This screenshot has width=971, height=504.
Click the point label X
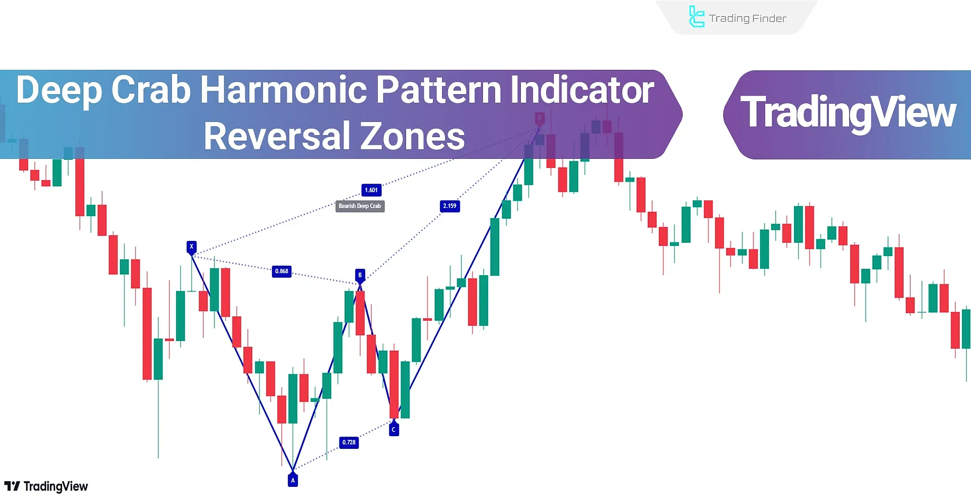(x=191, y=246)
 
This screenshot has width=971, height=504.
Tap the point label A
(x=293, y=480)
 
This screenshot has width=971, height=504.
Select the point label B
(x=360, y=275)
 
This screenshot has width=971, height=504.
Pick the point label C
(x=394, y=429)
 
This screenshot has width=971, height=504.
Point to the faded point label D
(x=540, y=118)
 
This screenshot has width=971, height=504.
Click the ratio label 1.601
(x=371, y=190)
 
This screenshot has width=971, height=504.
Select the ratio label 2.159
(x=450, y=206)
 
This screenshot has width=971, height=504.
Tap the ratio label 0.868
(x=282, y=271)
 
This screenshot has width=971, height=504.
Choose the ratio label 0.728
(x=349, y=442)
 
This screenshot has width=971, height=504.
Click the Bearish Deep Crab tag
(x=360, y=206)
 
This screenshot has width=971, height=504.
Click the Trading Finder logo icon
(x=696, y=17)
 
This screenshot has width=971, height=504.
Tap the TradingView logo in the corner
(x=46, y=486)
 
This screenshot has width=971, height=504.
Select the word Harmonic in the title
(x=283, y=90)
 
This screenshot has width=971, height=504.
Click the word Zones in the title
(x=412, y=136)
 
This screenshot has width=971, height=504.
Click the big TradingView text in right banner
(x=848, y=112)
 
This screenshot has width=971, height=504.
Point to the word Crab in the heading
(x=151, y=90)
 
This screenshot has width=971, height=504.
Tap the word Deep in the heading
(x=59, y=90)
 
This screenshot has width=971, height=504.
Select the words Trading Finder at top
(x=747, y=19)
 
